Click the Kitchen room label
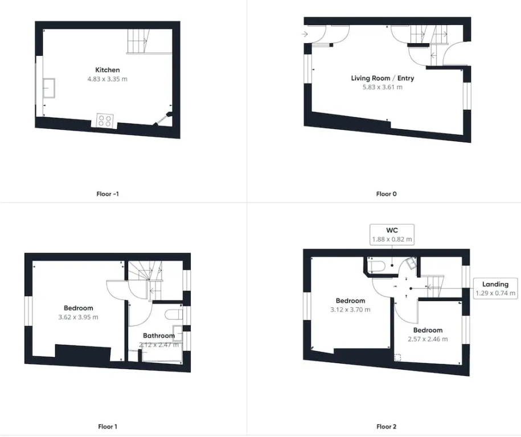pos(107,70)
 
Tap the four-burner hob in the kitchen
pos(105,121)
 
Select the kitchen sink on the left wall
pos(49,88)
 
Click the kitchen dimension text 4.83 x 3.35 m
pos(107,79)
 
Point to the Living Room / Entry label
pos(383,79)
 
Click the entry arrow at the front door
pos(305,34)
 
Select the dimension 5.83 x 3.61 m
pos(383,87)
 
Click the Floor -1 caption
pos(108,194)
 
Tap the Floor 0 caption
pos(387,194)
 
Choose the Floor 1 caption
pos(108,427)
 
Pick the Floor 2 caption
pos(387,427)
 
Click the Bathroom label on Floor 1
pos(159,336)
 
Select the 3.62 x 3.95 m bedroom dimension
pos(79,317)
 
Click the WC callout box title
pos(392,230)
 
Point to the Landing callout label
pos(495,285)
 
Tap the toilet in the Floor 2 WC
pos(376,266)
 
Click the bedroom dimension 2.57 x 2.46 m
pos(428,339)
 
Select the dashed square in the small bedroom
pos(398,358)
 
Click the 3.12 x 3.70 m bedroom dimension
pos(351,310)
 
